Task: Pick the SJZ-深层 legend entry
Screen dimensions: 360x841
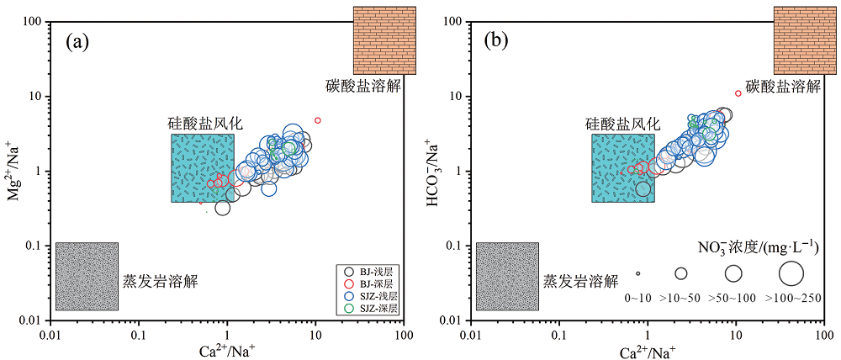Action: [375, 309]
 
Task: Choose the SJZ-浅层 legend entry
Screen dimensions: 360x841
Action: [375, 296]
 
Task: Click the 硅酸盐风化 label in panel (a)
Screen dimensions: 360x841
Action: [204, 123]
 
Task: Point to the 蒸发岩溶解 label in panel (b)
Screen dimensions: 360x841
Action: [581, 280]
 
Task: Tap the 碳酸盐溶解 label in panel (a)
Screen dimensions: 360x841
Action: [363, 86]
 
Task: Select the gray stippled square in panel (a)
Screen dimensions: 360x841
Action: [87, 276]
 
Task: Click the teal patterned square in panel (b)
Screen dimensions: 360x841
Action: [623, 168]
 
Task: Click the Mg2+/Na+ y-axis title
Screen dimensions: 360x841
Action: [13, 171]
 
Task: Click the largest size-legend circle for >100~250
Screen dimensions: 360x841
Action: [792, 273]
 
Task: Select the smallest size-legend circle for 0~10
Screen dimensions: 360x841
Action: [637, 273]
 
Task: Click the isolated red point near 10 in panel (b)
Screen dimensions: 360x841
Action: [738, 93]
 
